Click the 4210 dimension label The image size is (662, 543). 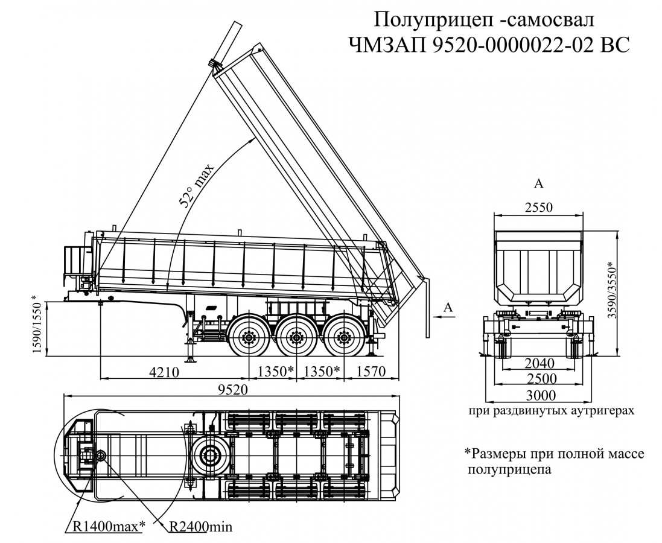point(164,372)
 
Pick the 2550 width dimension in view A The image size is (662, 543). point(539,207)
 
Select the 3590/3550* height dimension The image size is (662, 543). point(628,294)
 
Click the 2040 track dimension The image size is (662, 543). point(539,364)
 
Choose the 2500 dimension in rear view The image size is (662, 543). point(539,379)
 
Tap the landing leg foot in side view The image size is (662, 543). point(191,360)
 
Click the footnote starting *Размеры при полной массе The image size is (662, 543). point(554,460)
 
